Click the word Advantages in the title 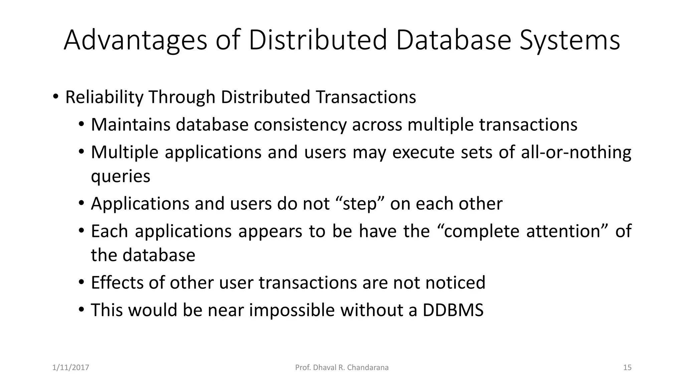pos(135,40)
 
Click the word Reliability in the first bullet pos(104,97)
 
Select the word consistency pos(300,125)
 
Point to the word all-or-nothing pos(576,152)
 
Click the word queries pos(121,176)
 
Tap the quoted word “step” pos(359,204)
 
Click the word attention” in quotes pos(567,231)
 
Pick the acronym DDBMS pos(453,310)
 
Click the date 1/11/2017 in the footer pos(71,368)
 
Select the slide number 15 pos(627,368)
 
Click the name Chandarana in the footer pos(368,368)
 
